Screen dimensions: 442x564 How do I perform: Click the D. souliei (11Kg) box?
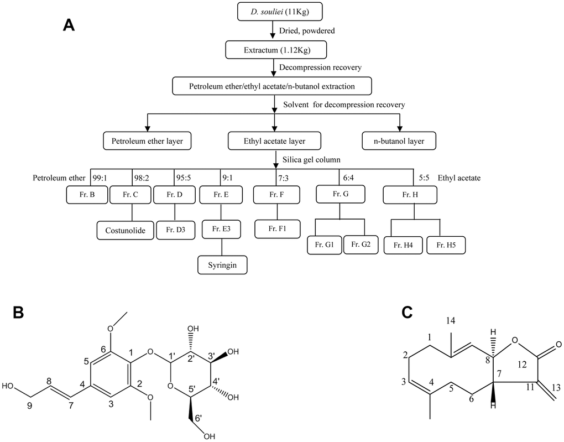[273, 11]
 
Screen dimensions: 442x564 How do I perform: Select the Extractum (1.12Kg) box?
[274, 50]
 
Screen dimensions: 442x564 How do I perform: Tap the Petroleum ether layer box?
[147, 142]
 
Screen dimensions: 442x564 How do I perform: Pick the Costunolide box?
[125, 230]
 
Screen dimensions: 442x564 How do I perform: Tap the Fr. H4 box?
[405, 245]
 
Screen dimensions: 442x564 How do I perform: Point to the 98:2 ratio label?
[142, 178]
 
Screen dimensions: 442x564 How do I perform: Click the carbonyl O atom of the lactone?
[558, 344]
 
